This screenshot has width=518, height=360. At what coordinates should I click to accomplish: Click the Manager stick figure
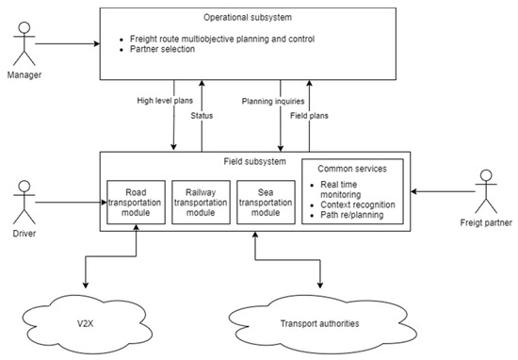(25, 43)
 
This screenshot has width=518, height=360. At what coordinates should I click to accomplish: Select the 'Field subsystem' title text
(254, 160)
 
